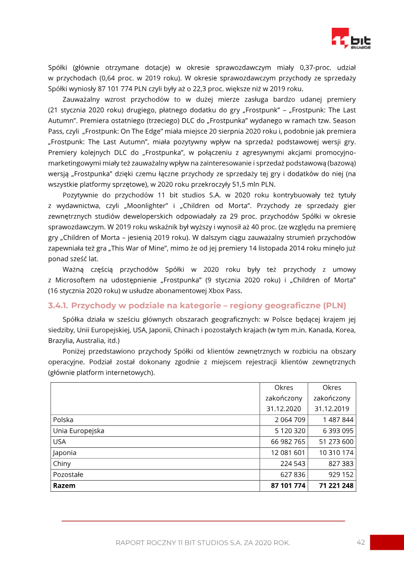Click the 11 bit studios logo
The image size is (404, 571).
tap(351, 39)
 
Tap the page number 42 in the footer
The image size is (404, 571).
tap(361, 542)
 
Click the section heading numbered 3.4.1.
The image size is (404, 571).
tap(197, 305)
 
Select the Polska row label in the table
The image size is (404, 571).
tap(63, 420)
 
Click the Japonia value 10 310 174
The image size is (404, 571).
tap(336, 453)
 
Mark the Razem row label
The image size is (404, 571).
tap(64, 486)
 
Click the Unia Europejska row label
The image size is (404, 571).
tap(78, 431)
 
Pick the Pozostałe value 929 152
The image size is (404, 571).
tap(340, 475)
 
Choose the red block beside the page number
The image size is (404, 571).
tap(387, 542)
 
